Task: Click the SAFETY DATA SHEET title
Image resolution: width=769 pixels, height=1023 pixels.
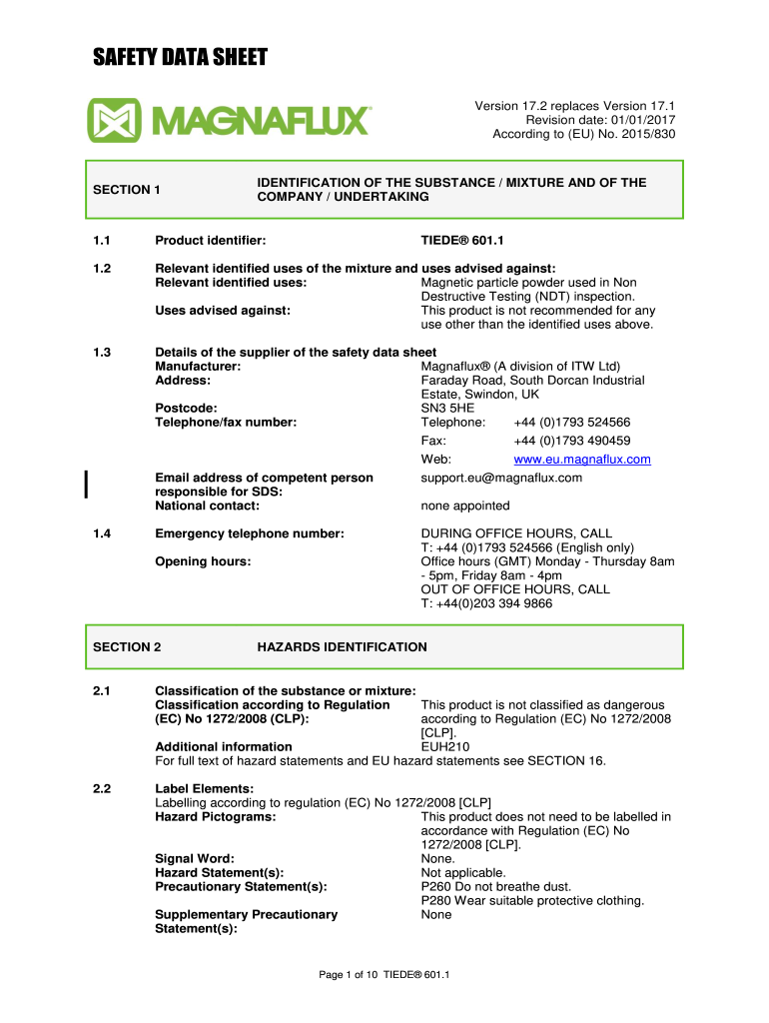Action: point(181,58)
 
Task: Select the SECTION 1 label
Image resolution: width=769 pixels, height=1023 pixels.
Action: point(127,190)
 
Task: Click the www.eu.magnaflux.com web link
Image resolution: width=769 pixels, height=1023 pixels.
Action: point(581,460)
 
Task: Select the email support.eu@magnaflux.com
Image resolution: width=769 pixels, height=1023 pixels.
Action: point(501,478)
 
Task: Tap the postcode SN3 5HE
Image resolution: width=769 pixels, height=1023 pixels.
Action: point(448,409)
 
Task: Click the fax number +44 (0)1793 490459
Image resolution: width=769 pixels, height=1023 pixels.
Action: point(571,441)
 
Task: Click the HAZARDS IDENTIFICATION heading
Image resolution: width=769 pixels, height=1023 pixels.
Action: point(342,647)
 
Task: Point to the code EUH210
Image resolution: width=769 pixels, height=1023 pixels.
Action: point(445,746)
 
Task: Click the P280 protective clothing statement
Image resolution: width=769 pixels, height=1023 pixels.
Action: point(532,900)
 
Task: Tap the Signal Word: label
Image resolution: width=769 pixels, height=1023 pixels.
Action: point(195,858)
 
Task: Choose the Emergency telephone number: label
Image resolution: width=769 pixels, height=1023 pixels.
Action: point(249,533)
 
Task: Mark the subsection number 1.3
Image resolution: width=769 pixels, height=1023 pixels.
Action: point(102,353)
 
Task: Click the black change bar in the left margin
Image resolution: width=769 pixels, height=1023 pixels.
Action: point(87,484)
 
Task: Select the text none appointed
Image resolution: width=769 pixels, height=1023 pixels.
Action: point(465,506)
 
